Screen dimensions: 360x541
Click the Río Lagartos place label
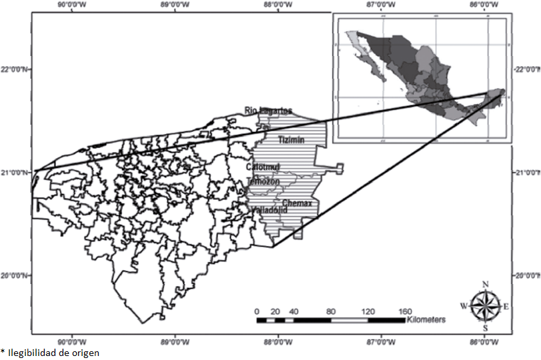point(268,111)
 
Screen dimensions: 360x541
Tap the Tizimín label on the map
point(291,140)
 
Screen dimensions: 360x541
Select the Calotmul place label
point(263,167)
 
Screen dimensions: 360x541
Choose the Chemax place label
point(297,203)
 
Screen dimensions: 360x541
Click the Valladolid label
point(269,210)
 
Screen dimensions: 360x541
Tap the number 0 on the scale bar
point(257,311)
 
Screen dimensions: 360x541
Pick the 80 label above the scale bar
point(330,311)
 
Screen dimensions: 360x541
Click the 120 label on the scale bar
point(367,311)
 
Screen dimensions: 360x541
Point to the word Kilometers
point(425,321)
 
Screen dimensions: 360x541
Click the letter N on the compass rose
point(485,285)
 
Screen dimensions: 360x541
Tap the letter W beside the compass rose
point(463,306)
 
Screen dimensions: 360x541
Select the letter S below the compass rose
point(485,328)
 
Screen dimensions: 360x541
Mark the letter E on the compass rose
point(506,307)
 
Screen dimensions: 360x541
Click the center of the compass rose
point(485,307)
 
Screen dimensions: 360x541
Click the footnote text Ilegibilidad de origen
point(53,353)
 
